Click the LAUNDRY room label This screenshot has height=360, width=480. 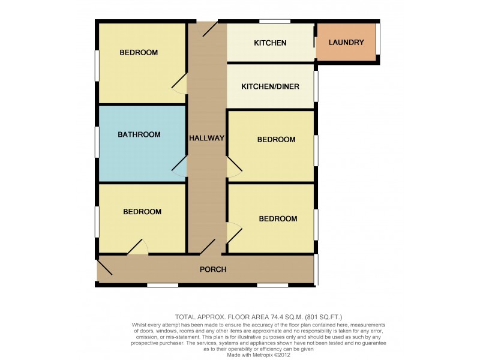[347, 43]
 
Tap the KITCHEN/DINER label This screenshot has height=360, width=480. [270, 86]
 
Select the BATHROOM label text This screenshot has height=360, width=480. [139, 134]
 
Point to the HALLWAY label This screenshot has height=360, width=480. [206, 138]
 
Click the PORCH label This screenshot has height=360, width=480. [213, 269]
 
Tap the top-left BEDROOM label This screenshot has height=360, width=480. [139, 52]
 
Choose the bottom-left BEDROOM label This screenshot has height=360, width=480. [142, 211]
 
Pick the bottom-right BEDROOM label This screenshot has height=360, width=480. [278, 218]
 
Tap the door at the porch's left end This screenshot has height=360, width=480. [104, 268]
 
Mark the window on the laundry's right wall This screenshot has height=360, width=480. [378, 41]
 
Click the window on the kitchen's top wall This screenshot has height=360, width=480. [275, 22]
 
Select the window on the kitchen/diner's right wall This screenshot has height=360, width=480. [316, 86]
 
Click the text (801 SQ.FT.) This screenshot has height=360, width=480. [320, 317]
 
